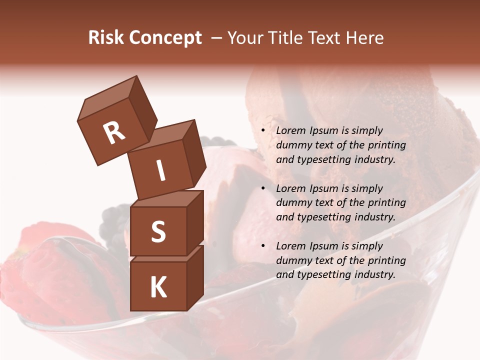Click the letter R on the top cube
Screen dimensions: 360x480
pyautogui.click(x=114, y=132)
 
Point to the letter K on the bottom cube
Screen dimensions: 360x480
pyautogui.click(x=158, y=287)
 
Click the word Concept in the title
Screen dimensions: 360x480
pyautogui.click(x=165, y=37)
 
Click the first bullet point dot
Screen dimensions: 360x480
pyautogui.click(x=263, y=131)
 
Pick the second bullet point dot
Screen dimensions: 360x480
pyautogui.click(x=263, y=189)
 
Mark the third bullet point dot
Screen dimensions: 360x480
pyautogui.click(x=263, y=246)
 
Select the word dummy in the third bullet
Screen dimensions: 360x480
pyautogui.click(x=291, y=260)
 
